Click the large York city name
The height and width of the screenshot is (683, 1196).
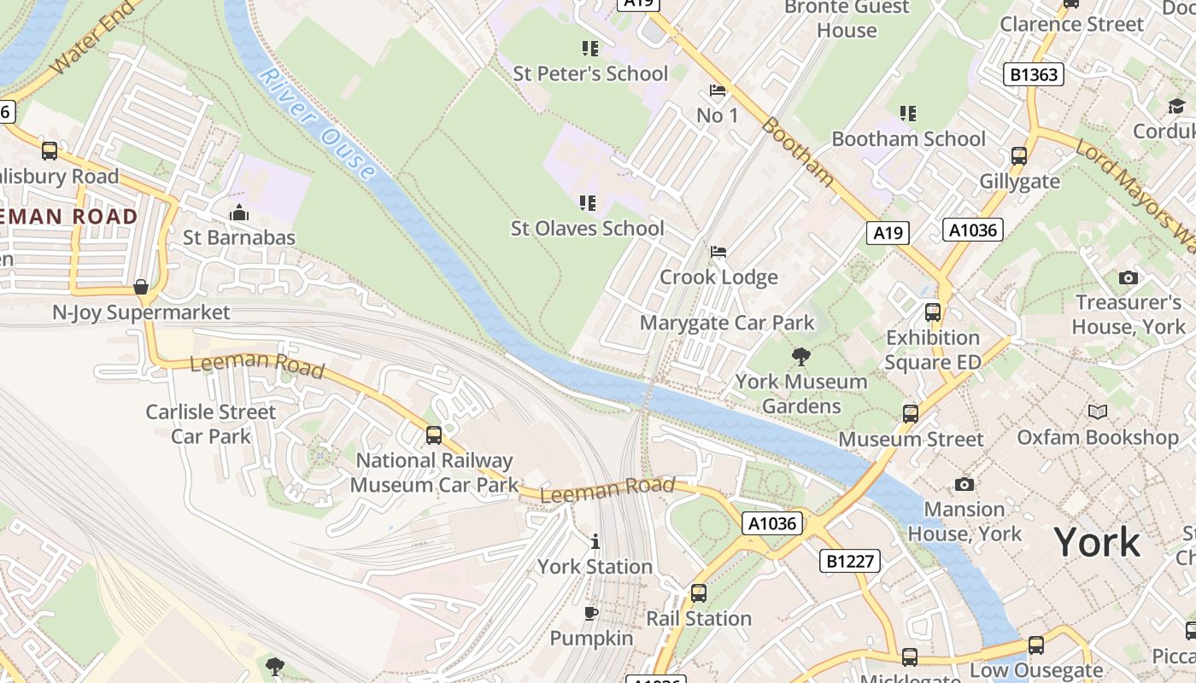tap(1097, 542)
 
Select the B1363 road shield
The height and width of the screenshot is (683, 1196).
tap(1034, 74)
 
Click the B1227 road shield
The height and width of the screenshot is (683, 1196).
tap(849, 561)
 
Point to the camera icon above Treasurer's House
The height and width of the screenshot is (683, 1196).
tap(1128, 277)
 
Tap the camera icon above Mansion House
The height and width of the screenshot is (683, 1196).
tap(964, 484)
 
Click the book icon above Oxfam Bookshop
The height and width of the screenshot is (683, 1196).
tap(1097, 412)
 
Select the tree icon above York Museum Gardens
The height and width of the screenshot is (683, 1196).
tap(800, 356)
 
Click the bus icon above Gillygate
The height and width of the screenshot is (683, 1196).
tap(1018, 156)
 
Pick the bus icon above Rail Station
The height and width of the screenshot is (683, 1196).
tap(698, 593)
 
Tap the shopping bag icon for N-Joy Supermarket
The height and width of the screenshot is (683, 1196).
tap(141, 287)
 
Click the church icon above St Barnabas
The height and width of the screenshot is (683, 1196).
tap(239, 213)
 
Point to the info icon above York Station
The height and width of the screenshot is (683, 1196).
tap(595, 541)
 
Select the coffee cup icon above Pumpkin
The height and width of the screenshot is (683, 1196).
tap(590, 613)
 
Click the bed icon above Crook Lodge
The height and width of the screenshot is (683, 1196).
tap(718, 252)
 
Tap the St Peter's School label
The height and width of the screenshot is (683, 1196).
tap(590, 73)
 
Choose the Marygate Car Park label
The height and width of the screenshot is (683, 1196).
tap(727, 323)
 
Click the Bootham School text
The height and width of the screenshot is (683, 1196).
tap(908, 138)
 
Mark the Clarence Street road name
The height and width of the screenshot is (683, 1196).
tap(1071, 24)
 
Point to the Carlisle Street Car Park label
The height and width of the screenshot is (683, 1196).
tap(211, 423)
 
